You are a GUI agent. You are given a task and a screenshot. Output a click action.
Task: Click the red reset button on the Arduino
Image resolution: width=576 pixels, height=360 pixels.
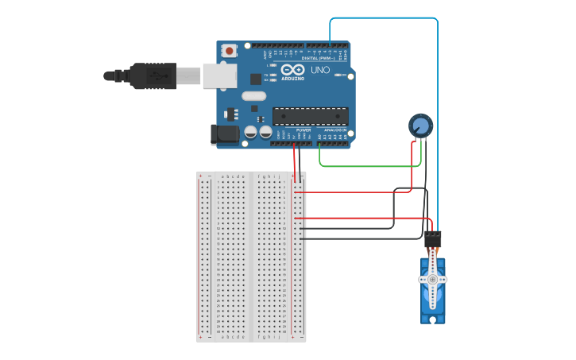tap(230, 50)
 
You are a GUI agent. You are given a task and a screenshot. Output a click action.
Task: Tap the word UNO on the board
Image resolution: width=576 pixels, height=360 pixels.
tap(320, 70)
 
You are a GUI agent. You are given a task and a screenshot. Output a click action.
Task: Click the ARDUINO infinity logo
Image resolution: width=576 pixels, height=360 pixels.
tap(292, 69)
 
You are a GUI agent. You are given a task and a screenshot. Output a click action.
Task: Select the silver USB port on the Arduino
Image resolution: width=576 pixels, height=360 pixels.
tap(220, 75)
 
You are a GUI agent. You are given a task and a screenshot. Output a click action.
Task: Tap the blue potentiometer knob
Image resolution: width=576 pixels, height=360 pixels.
tap(421, 126)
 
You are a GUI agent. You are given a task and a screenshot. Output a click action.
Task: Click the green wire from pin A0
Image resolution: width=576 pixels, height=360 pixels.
tap(365, 166)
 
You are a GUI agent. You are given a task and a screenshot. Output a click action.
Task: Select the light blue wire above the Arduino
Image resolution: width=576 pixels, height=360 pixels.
tap(381, 17)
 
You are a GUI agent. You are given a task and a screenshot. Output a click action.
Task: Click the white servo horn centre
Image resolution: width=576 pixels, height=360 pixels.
tap(433, 280)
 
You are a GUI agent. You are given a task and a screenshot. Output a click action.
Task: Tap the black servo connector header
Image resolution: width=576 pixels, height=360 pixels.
tap(433, 238)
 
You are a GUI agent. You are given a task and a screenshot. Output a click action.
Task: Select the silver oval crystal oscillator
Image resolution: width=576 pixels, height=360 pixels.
tap(253, 96)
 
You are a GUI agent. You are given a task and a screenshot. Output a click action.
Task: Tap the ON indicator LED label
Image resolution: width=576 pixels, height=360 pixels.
tap(342, 75)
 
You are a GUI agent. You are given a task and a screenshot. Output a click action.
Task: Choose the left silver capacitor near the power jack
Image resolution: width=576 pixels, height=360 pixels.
tap(250, 133)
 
